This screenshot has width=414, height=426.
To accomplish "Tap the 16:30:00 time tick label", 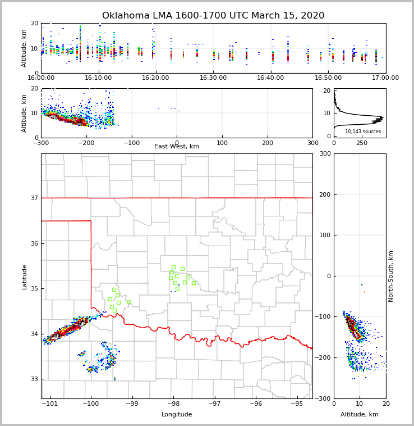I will click(213, 78).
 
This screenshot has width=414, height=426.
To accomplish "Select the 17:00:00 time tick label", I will click(385, 78).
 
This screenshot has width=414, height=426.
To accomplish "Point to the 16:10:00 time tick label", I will click(98, 78).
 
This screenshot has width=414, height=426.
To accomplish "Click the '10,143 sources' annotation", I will click(363, 132).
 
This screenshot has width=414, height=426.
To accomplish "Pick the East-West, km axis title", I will click(177, 147).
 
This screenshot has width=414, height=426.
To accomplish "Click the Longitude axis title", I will click(177, 415).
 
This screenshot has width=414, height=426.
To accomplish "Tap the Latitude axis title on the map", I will click(25, 277).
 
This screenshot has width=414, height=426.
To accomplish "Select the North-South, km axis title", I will click(391, 276).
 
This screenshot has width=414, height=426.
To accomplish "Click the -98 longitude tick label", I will click(173, 404).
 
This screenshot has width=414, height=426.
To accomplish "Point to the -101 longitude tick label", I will click(50, 404).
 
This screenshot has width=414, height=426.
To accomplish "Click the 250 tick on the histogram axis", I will click(362, 143).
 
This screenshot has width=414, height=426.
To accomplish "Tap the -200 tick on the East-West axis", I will click(86, 143).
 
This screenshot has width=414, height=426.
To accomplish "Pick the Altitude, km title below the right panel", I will click(360, 415).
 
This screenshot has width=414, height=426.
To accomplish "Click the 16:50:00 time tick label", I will click(328, 78).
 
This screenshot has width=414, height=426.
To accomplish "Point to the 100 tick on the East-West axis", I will click(222, 143).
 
